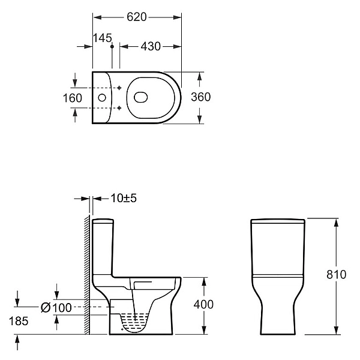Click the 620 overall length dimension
tap(137, 17)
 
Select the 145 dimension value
tap(103, 38)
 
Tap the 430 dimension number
tap(151, 46)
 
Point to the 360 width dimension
tap(200, 97)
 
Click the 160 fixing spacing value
tap(73, 98)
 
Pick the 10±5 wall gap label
tap(124, 198)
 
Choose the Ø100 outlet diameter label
tap(56, 307)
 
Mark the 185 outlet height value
tap(19, 321)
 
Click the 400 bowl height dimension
tap(203, 305)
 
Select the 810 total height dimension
tap(337, 274)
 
